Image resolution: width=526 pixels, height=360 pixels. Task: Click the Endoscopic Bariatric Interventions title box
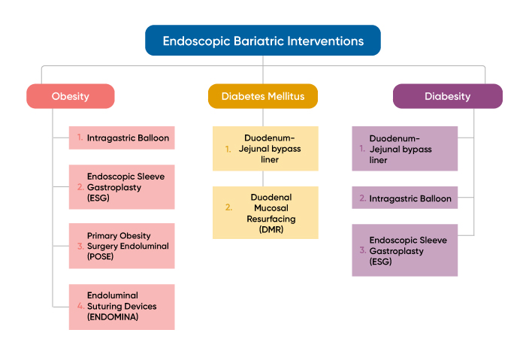pos(263,41)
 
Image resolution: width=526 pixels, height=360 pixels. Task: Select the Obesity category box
pos(71,96)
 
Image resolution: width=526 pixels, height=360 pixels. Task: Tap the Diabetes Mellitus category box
pos(263,96)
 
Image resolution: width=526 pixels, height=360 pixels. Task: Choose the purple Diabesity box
pos(448,96)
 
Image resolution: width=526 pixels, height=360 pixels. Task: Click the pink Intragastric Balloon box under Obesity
pos(122,138)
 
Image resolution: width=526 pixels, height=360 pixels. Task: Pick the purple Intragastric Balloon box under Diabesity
pos(404,198)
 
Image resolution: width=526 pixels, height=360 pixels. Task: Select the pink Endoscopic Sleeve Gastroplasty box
pos(122,187)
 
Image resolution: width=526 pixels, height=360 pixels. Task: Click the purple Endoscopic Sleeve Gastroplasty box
pos(404,250)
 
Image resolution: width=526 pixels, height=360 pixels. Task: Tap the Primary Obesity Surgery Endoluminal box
pos(122,246)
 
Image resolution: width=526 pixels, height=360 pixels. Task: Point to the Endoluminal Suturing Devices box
pos(122,307)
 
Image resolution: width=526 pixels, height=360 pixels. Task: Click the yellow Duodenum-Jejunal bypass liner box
pos(265,149)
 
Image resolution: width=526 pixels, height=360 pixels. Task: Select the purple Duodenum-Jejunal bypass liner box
pos(404,149)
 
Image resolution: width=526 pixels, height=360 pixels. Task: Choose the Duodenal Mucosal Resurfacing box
pos(265,213)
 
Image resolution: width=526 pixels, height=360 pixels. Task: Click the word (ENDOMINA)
pos(113,317)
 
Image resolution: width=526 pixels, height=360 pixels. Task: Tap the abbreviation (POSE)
pos(100,257)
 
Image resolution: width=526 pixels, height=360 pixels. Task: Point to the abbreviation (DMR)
pos(271,230)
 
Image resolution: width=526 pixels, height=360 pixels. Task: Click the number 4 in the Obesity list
pos(80,306)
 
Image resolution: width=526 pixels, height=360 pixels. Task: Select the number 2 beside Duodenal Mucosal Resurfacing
pos(228,207)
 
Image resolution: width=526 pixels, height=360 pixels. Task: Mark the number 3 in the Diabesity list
pos(363,250)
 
